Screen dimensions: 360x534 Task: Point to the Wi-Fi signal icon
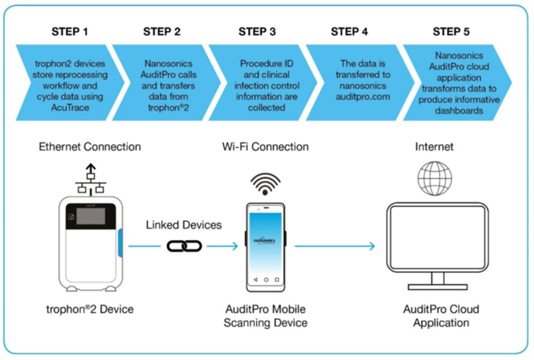[x=265, y=183]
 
